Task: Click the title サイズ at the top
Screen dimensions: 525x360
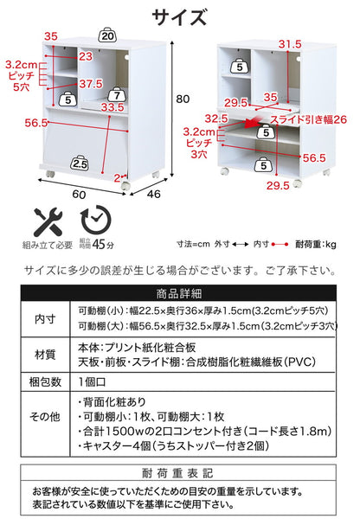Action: (x=179, y=17)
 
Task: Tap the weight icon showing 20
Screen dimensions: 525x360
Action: (x=107, y=36)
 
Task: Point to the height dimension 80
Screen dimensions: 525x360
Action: (x=181, y=99)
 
